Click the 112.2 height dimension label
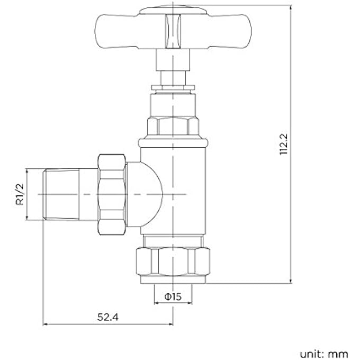(x=284, y=144)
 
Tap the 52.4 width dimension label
(x=107, y=317)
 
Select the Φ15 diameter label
(x=173, y=297)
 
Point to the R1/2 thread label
(x=20, y=194)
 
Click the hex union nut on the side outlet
(x=112, y=194)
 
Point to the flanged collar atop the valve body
(x=173, y=142)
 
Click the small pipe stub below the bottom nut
(x=173, y=283)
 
